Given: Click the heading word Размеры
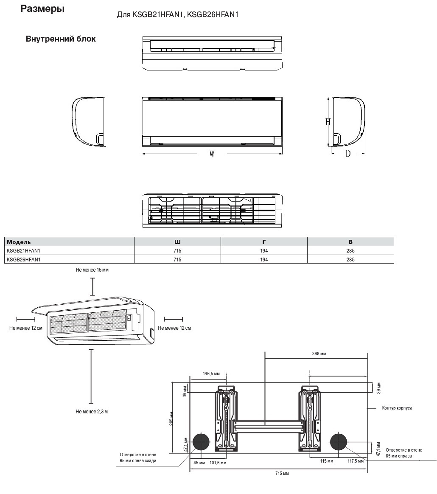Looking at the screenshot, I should (42, 9).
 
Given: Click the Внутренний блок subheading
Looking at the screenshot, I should (61, 39).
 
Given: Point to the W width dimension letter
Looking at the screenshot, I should (212, 154).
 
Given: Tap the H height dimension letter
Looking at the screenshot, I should (328, 122).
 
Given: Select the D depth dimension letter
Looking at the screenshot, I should (348, 154).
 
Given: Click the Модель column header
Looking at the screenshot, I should (19, 241).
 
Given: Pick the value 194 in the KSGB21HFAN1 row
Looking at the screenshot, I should (264, 250).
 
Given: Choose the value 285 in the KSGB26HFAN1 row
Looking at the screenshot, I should (350, 259).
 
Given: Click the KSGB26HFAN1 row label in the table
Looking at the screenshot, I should (26, 259).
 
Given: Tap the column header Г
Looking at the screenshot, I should (264, 241).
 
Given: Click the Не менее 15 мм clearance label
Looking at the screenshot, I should (92, 270).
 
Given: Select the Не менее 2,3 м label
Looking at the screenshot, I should (92, 411).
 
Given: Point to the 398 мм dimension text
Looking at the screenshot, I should (318, 354).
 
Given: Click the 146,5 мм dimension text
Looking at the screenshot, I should (211, 373).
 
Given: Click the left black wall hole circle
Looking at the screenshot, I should (201, 442).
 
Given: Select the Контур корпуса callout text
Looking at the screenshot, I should (397, 408).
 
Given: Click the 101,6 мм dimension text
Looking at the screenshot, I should (218, 463).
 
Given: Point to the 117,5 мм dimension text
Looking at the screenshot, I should (356, 461).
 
